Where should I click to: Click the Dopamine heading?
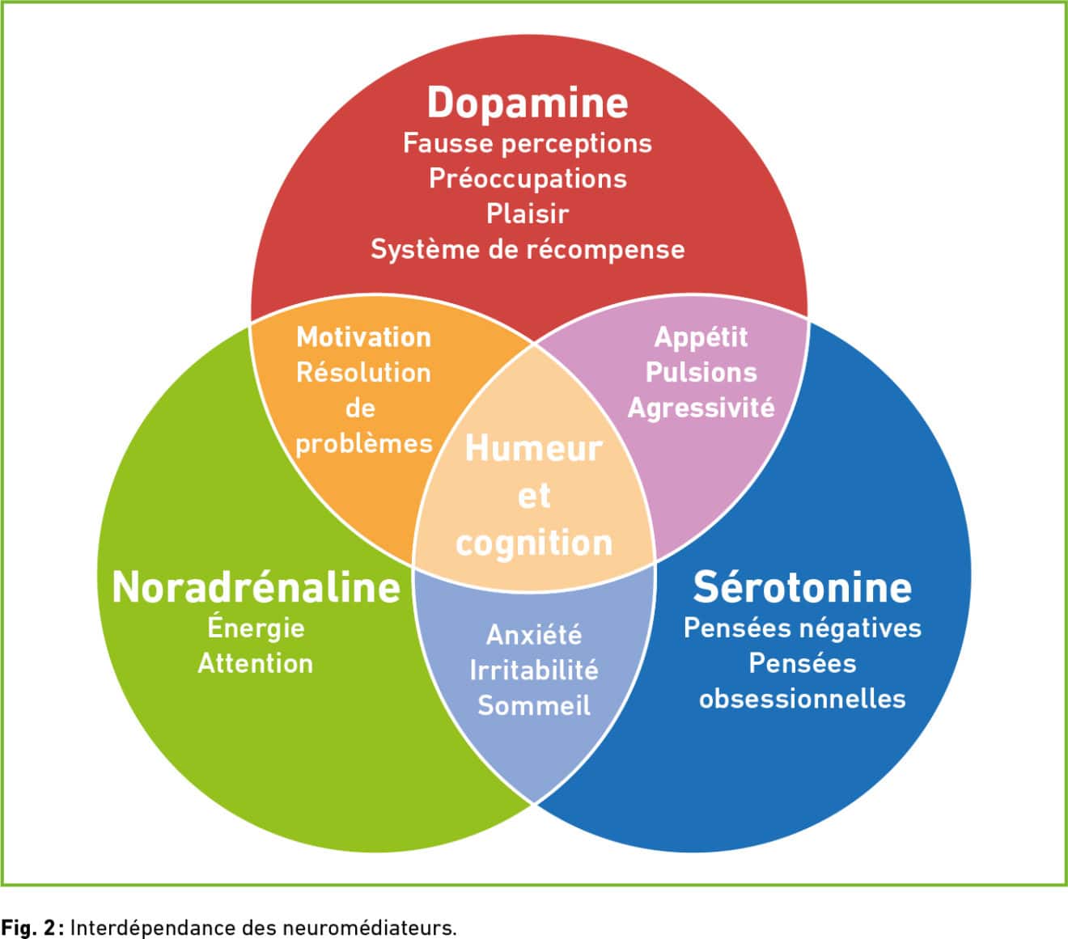tap(528, 103)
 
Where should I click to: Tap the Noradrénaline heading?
tap(256, 587)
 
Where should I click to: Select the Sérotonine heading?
tap(803, 587)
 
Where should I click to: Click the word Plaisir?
tap(528, 214)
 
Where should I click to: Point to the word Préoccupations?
tap(528, 180)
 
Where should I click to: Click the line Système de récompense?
tap(528, 249)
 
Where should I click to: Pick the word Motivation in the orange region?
tap(364, 337)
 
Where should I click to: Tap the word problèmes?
tap(364, 444)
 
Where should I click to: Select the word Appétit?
tap(701, 337)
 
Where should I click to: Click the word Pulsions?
tap(701, 373)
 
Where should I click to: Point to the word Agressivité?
tap(701, 408)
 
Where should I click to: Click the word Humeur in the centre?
tap(533, 449)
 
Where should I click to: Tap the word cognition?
tap(534, 544)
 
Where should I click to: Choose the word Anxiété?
tap(534, 634)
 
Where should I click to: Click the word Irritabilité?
tap(534, 670)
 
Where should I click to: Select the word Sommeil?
tap(534, 705)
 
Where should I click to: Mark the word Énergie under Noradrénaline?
tap(256, 627)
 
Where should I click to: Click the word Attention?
tap(256, 663)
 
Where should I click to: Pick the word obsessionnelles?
tap(803, 700)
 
